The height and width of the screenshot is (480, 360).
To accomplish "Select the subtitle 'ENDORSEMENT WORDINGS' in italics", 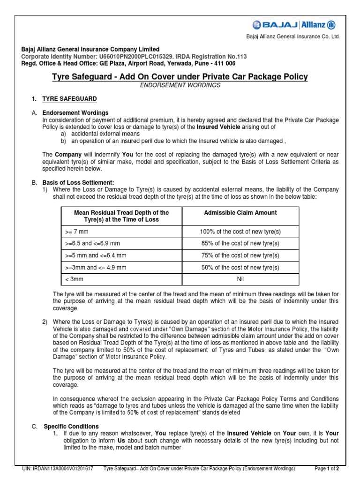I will pos(180,85).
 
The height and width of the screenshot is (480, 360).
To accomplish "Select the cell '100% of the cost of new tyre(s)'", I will pos(240,232).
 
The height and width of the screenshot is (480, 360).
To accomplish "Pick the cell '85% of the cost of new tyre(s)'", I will pos(240,243).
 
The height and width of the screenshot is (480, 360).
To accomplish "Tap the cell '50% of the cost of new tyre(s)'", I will pos(240,268).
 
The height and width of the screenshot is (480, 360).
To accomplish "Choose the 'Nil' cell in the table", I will pos(240,279).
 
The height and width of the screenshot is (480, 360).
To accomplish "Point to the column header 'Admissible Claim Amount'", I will pos(240,213).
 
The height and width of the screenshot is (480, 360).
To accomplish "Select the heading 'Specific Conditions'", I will pos(71,426).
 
